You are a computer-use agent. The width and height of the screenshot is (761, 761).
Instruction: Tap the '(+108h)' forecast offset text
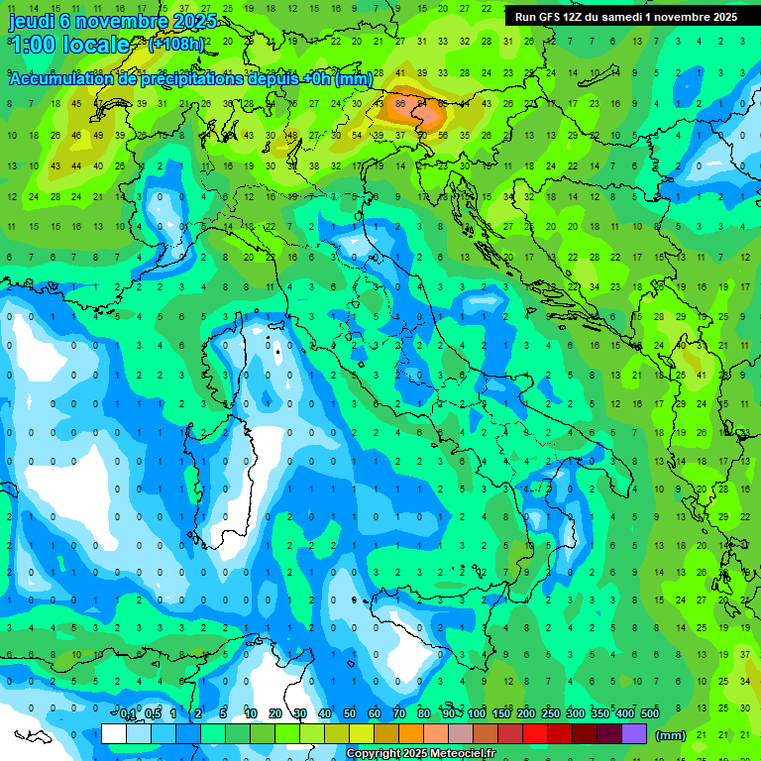(x=175, y=45)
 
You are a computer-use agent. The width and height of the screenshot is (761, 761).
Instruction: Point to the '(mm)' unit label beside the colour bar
(x=671, y=735)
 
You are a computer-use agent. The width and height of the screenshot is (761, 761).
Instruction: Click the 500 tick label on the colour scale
(x=650, y=714)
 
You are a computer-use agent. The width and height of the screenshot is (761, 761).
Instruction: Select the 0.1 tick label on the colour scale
(x=128, y=714)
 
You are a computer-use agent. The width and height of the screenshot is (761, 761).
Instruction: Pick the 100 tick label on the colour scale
(x=477, y=714)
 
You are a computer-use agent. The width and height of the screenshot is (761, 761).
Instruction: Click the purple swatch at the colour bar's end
(x=634, y=734)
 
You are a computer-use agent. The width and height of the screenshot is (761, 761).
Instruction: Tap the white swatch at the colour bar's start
(x=114, y=734)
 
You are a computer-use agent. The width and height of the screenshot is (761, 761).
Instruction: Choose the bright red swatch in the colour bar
(x=535, y=734)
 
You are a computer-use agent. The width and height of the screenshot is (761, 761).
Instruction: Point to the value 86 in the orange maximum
(x=400, y=102)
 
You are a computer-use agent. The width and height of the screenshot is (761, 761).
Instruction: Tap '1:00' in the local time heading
(x=32, y=45)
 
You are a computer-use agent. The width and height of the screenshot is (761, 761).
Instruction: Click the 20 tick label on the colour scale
(x=275, y=714)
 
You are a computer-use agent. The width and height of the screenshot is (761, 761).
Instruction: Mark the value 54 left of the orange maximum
(x=356, y=135)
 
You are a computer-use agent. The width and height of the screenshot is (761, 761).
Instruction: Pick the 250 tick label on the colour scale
(x=551, y=714)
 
